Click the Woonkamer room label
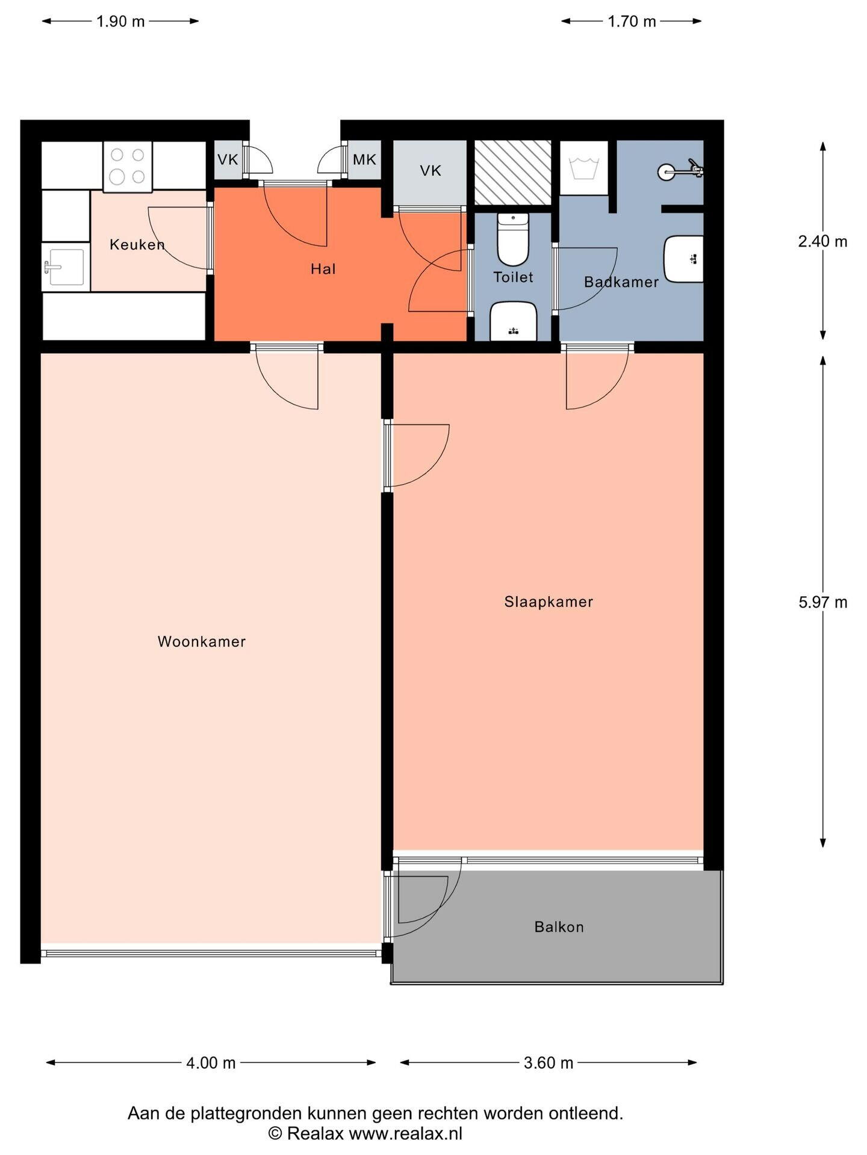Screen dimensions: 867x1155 click(x=202, y=642)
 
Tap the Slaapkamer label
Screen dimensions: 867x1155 click(x=548, y=602)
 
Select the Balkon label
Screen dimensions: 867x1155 click(x=559, y=927)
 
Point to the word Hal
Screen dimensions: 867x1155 click(x=323, y=269)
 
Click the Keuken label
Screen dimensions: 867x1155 click(x=137, y=245)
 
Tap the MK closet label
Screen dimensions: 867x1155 click(x=364, y=159)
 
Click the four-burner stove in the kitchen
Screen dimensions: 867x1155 click(x=127, y=167)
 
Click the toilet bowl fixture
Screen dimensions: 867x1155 click(x=513, y=239)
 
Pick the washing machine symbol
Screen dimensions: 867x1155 click(x=583, y=168)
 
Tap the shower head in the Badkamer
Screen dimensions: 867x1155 click(x=680, y=171)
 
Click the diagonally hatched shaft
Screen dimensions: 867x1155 click(x=513, y=173)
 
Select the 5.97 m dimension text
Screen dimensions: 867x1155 click(x=822, y=602)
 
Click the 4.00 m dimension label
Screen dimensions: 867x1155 click(x=211, y=1063)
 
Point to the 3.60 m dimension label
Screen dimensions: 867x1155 click(x=548, y=1063)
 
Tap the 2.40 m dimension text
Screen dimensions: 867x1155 click(x=822, y=242)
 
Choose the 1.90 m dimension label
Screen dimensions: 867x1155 click(x=120, y=22)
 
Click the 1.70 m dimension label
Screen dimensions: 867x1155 click(x=632, y=22)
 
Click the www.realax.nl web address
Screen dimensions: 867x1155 click(x=406, y=1134)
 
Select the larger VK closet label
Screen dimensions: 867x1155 click(x=430, y=171)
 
